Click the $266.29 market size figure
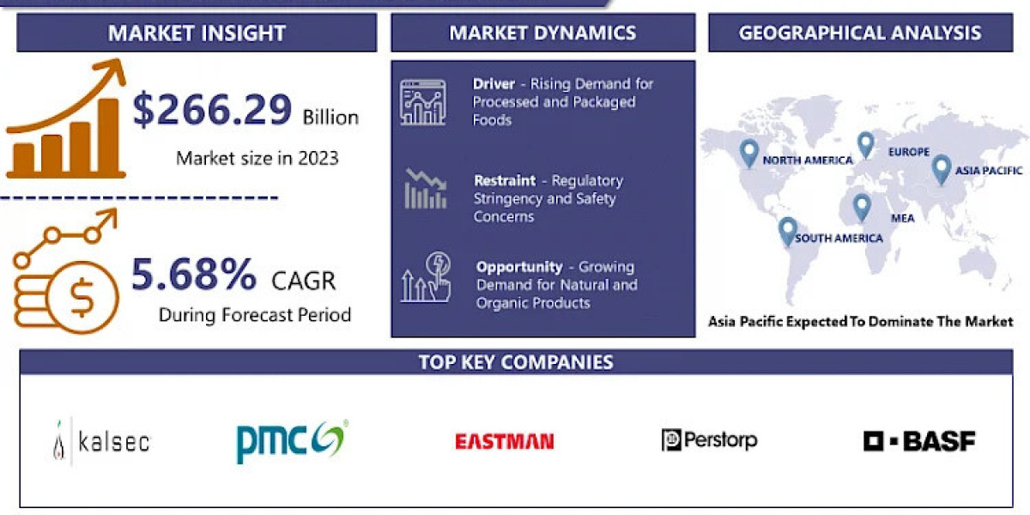coord(213,111)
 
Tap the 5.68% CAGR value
coord(194,276)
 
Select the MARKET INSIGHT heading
coord(197,33)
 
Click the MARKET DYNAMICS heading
coord(542,33)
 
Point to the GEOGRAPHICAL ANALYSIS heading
coord(860,33)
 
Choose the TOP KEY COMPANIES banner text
coord(516,361)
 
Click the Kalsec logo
coord(101,441)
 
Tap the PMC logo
coord(291,441)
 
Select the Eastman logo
coord(504,441)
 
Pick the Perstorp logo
coord(709,440)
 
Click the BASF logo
coord(919,441)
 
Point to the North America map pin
coord(749,153)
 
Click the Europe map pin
coord(865,144)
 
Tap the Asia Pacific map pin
coord(942,168)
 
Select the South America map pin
coord(787,231)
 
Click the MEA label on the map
coord(902,218)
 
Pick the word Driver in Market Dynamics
coord(494,84)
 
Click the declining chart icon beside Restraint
coord(425,190)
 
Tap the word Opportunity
coord(519,267)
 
